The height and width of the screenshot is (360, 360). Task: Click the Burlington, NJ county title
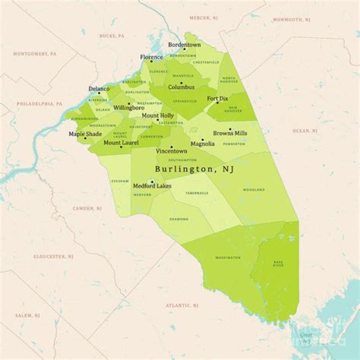(194, 169)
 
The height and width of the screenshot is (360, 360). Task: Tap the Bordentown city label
(184, 44)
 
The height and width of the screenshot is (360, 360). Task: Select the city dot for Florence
(151, 61)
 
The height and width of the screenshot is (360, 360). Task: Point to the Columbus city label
(181, 87)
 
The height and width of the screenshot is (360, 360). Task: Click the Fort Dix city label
(218, 98)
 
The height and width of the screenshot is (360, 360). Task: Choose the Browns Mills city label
(230, 133)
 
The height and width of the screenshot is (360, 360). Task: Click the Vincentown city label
(171, 151)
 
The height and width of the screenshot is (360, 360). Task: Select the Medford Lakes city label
(152, 186)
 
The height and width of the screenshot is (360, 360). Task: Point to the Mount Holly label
(157, 115)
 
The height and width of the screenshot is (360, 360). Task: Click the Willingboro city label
(128, 107)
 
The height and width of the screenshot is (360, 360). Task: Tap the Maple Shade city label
(85, 134)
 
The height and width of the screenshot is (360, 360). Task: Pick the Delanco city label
(99, 88)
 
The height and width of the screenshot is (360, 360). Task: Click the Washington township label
(224, 257)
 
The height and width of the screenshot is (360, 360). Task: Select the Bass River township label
(278, 263)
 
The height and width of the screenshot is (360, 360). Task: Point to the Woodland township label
(254, 190)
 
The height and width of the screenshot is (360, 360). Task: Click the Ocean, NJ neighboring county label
(305, 130)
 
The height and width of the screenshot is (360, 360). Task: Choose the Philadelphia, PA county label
(39, 104)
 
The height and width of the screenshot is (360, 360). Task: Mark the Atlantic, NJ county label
(182, 305)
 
